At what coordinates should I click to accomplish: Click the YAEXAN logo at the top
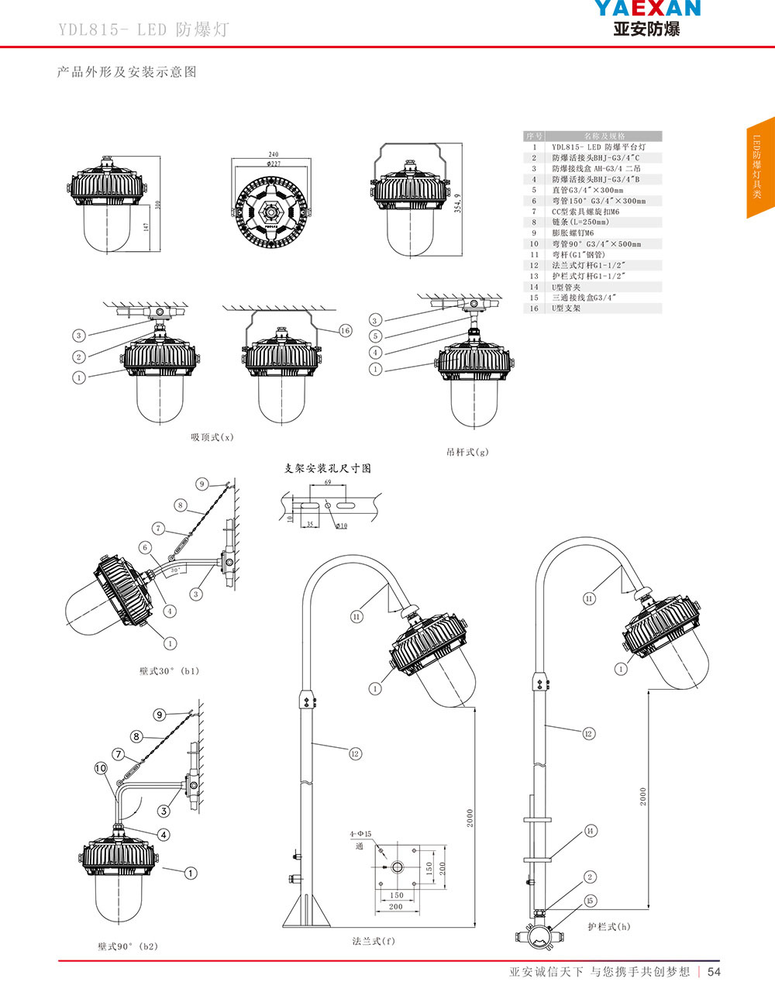click(x=647, y=17)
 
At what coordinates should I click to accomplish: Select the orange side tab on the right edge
click(x=760, y=167)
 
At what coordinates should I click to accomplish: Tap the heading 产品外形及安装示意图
click(x=127, y=72)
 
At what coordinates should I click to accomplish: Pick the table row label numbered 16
click(x=534, y=308)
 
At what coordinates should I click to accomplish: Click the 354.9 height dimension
click(x=458, y=203)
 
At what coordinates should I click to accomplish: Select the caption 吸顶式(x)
click(x=212, y=437)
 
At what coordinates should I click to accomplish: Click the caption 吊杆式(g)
click(x=467, y=452)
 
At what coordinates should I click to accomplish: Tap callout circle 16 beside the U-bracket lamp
click(x=345, y=331)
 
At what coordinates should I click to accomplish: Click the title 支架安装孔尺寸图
click(x=328, y=468)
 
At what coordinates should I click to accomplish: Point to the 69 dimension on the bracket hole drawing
click(x=329, y=483)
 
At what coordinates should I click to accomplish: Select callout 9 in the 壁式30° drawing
click(x=201, y=484)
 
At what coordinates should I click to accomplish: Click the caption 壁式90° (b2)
click(x=128, y=946)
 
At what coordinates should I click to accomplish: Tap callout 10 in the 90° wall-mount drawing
click(x=101, y=768)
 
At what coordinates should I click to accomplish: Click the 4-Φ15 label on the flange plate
click(x=360, y=834)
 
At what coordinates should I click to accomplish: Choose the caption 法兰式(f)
click(x=374, y=941)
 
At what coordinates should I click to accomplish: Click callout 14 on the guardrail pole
click(x=591, y=831)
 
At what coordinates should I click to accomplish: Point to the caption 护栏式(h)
click(x=608, y=926)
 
